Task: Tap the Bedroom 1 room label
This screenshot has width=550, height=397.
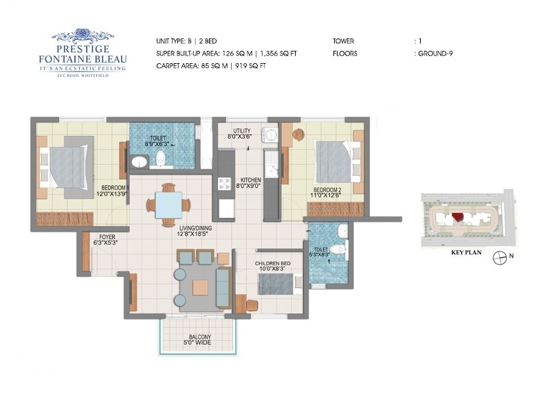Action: (115, 190)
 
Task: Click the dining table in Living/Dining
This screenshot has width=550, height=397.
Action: (168, 204)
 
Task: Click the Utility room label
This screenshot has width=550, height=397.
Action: (241, 133)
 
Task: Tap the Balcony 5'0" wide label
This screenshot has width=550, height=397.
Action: (198, 340)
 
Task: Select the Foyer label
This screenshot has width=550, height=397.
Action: (106, 239)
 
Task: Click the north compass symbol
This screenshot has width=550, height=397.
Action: (502, 256)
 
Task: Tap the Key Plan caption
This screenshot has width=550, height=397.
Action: (465, 253)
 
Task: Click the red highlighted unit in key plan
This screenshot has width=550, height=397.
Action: (457, 217)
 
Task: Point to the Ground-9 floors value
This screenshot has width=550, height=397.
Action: (434, 53)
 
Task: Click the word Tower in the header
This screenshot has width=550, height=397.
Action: (344, 41)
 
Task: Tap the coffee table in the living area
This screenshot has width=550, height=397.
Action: (200, 287)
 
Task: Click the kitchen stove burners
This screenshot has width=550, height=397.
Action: (224, 183)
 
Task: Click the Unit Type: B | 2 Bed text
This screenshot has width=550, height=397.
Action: (187, 41)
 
